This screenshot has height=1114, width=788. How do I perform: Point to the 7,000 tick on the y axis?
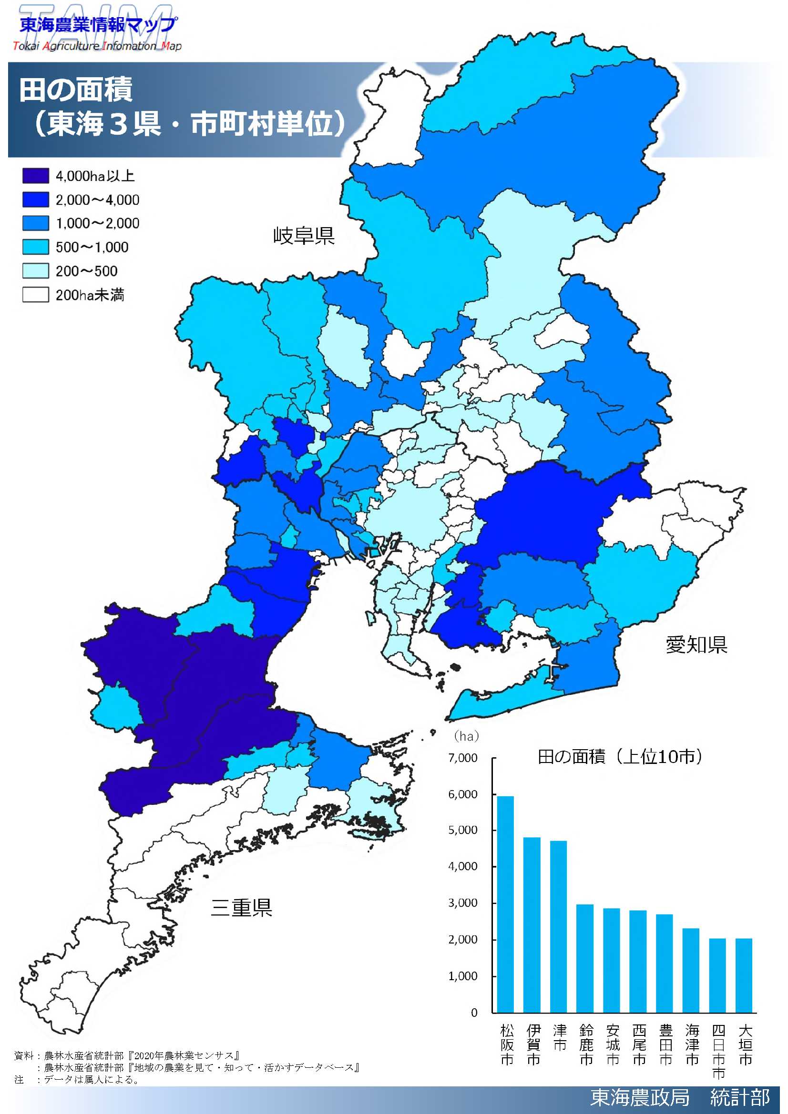463,758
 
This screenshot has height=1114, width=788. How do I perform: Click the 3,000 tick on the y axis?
463,903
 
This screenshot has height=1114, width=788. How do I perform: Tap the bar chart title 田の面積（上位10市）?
620,757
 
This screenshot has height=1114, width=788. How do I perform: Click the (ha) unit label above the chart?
466,736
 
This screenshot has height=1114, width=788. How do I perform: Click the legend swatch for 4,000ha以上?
35,176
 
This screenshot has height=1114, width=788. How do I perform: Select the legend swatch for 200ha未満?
35,294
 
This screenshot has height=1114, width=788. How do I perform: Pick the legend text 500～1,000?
92,248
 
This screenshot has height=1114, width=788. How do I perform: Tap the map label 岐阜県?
304,236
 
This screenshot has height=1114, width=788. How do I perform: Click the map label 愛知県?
696,645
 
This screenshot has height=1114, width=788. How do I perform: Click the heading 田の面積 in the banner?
76,90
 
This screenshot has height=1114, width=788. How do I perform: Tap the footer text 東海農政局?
639,1097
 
